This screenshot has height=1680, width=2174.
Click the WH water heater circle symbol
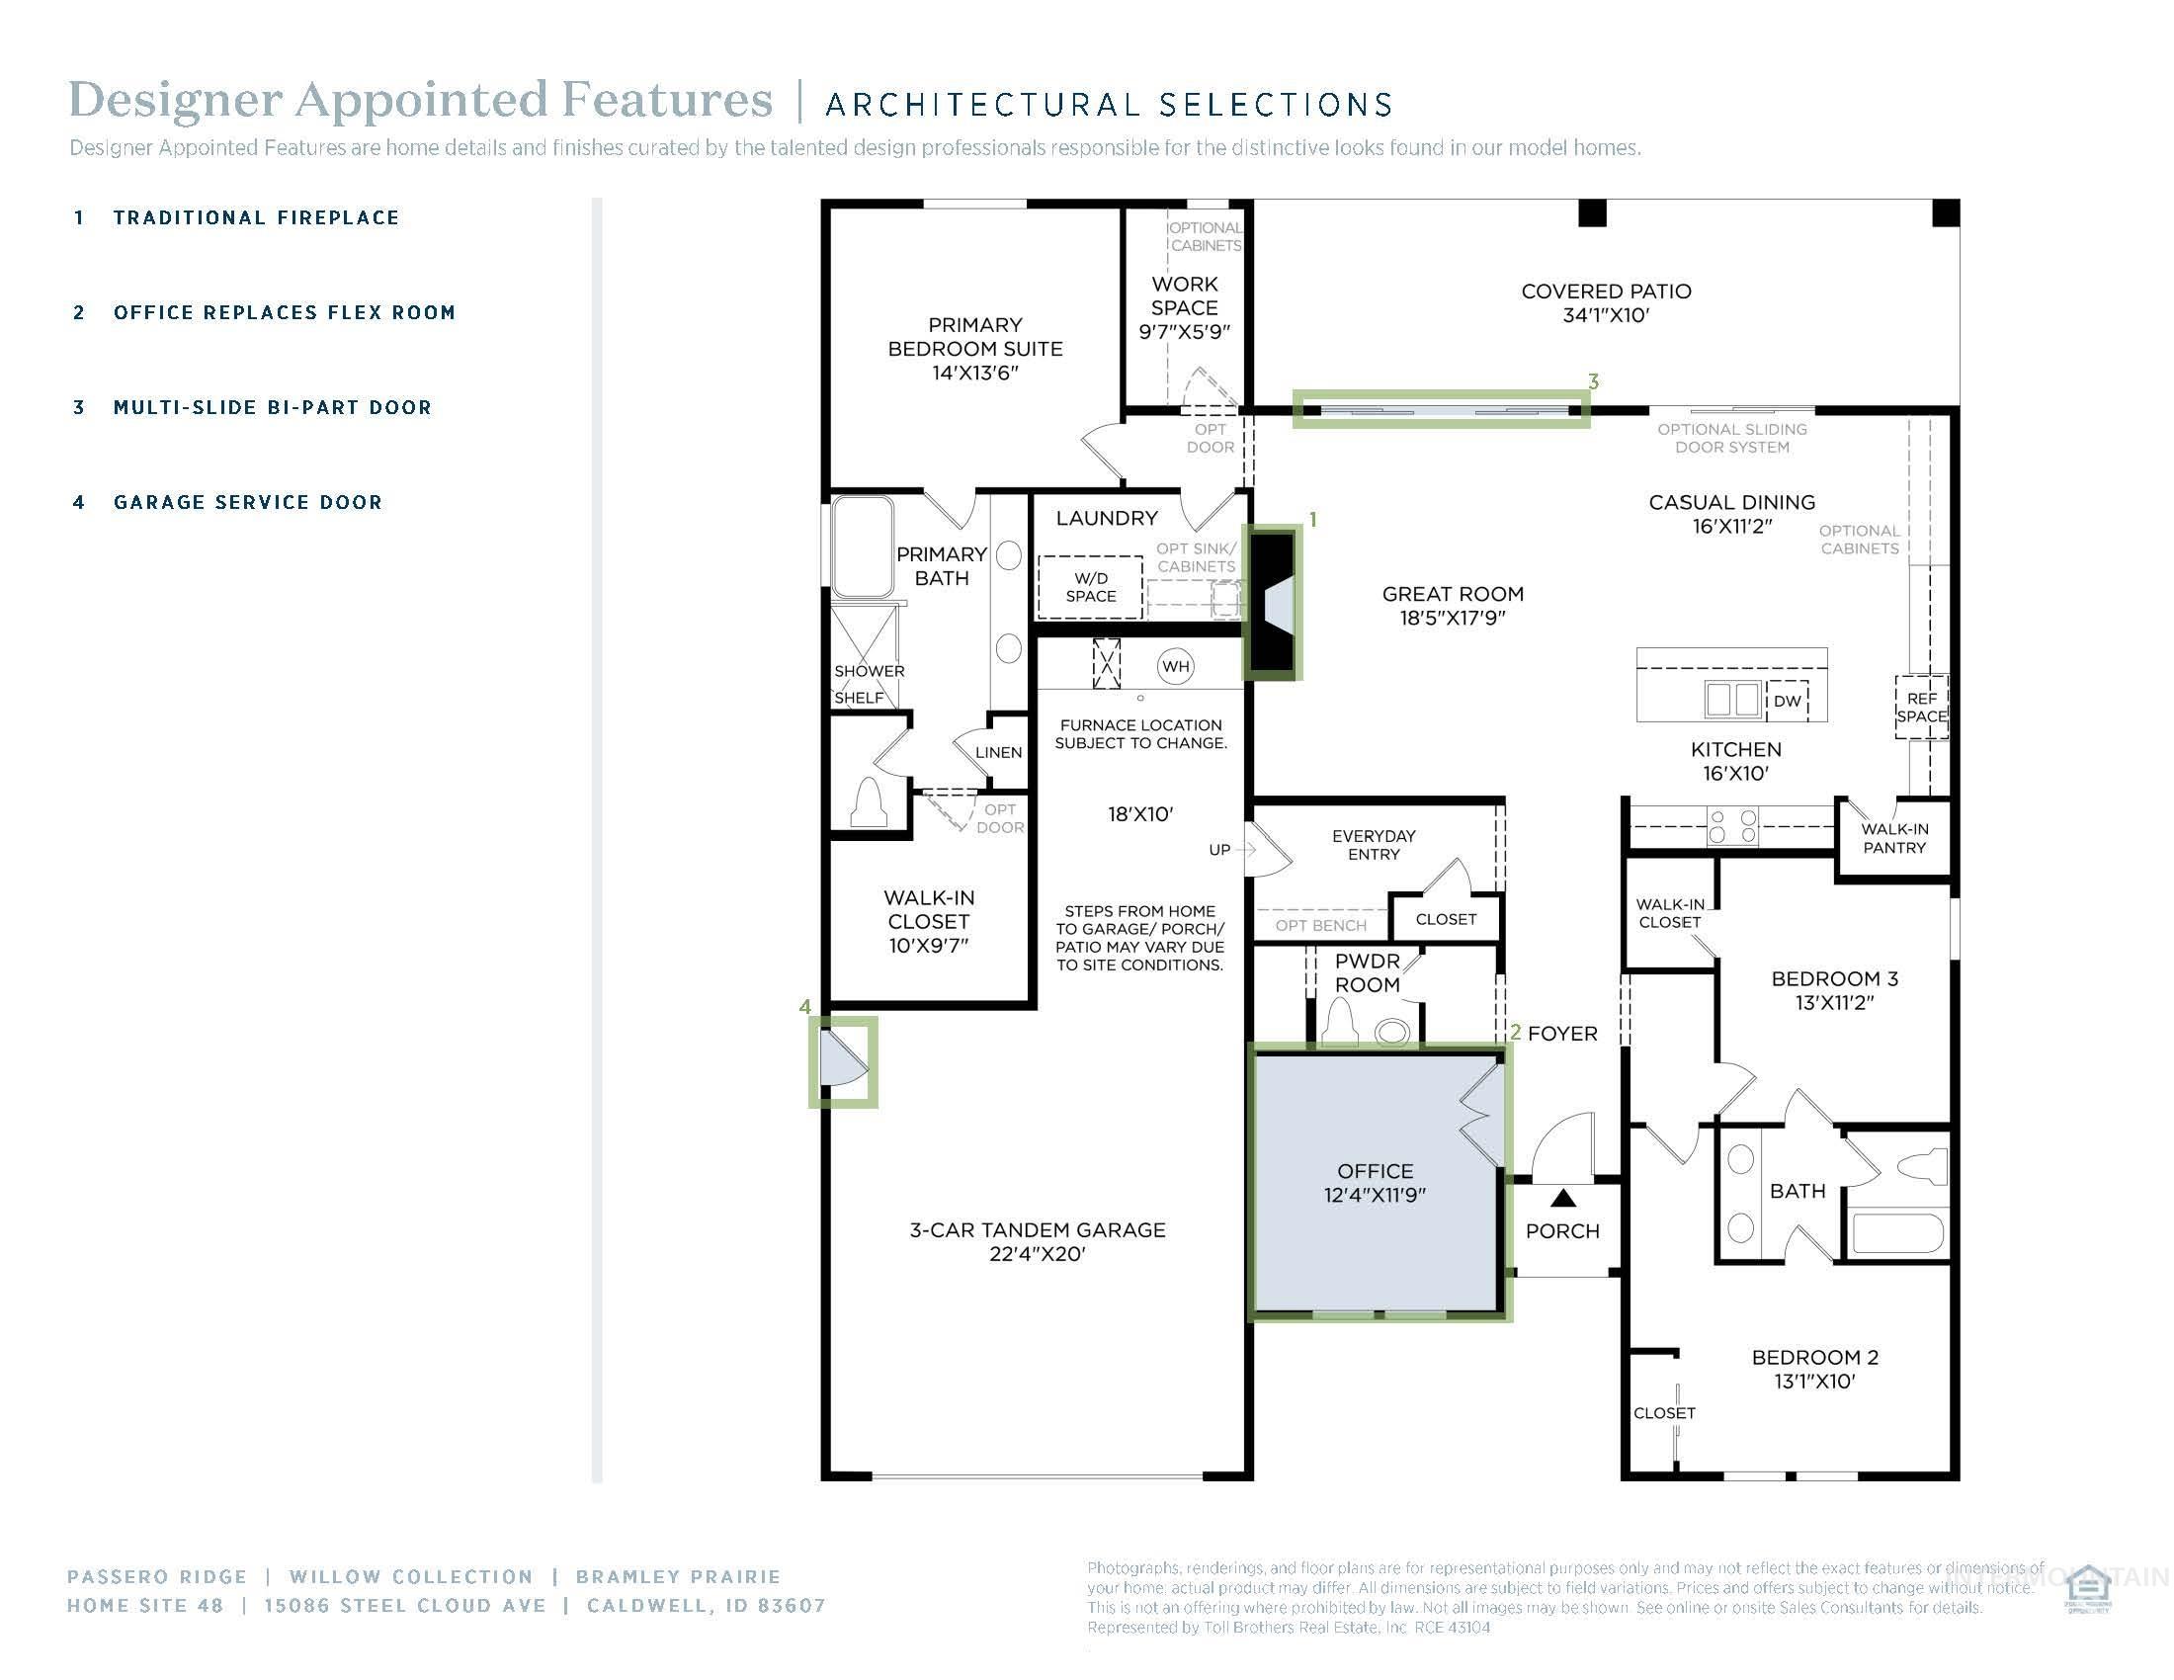click(x=1176, y=667)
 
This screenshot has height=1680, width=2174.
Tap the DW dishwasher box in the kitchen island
click(x=1788, y=701)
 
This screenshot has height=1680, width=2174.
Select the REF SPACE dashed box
click(x=1921, y=708)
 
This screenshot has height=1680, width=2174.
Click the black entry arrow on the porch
click(x=1563, y=1200)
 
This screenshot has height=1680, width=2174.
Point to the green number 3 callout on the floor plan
click(x=1594, y=381)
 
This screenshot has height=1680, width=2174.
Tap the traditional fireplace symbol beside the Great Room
click(x=1271, y=603)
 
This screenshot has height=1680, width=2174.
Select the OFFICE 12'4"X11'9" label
click(x=1375, y=1182)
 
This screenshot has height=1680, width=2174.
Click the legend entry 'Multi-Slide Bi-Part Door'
click(x=272, y=407)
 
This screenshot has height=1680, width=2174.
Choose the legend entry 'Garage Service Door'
click(x=248, y=503)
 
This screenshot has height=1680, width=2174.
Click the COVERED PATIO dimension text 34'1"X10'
click(x=1606, y=315)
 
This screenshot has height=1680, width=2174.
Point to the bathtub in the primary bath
click(x=862, y=546)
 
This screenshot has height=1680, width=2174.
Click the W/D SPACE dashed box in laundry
click(x=1090, y=587)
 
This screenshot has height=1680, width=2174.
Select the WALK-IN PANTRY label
click(x=1894, y=838)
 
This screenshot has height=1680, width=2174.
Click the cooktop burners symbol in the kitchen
click(x=1733, y=826)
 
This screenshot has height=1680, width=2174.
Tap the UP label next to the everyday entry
click(x=1219, y=850)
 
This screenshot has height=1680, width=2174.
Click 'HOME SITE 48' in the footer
click(x=145, y=1605)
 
